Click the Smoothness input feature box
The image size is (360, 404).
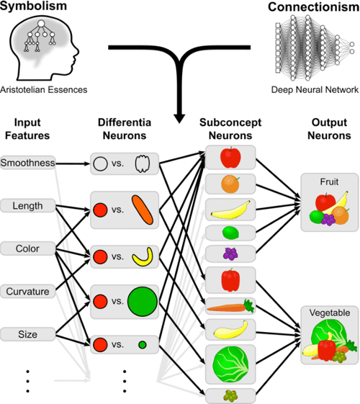28,163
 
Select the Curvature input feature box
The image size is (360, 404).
28,292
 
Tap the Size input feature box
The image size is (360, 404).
28,334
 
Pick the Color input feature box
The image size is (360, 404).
28,249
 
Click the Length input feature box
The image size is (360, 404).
28,207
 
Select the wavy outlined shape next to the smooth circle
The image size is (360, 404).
141,164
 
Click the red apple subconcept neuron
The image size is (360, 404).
230,158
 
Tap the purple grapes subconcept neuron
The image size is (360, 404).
230,254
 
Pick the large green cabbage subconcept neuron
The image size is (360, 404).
230,357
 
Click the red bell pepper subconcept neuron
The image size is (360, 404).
230,279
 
